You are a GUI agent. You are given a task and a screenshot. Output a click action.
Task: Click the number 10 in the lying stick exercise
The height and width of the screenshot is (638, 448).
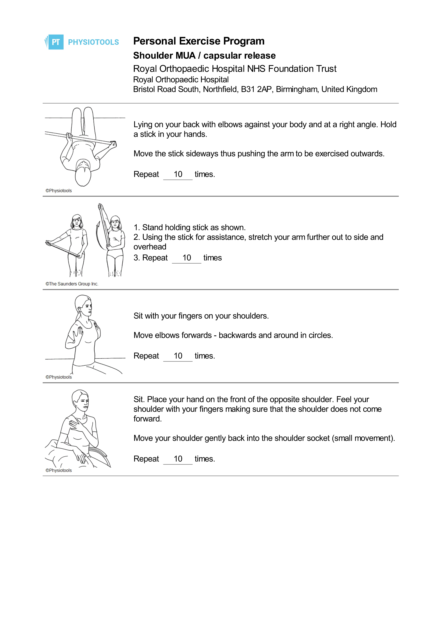click(178, 174)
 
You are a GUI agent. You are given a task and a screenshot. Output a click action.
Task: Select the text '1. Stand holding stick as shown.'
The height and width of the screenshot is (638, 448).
click(190, 227)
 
